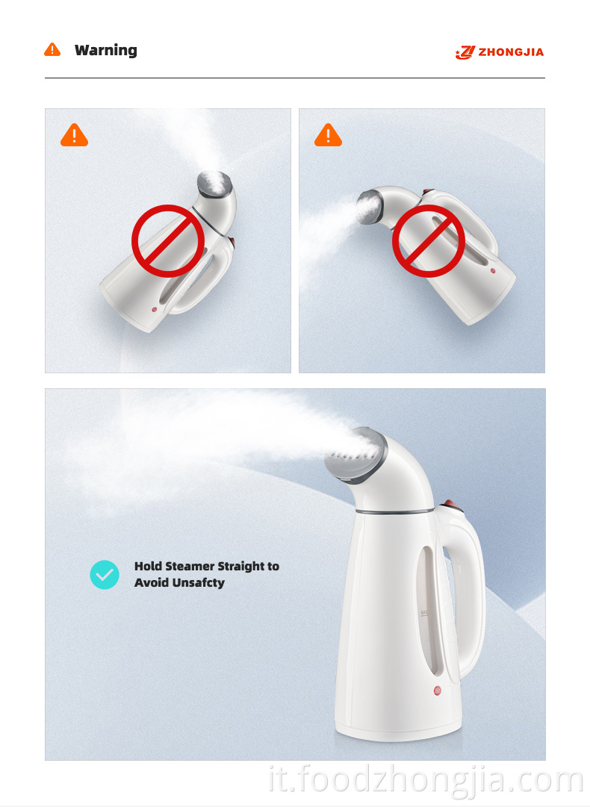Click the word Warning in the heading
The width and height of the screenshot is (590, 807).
pyautogui.click(x=105, y=51)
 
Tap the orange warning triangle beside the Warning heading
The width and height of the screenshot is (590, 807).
pyautogui.click(x=52, y=50)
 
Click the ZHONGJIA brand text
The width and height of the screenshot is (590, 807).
pyautogui.click(x=511, y=52)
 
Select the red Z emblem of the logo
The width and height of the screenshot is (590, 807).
pyautogui.click(x=465, y=52)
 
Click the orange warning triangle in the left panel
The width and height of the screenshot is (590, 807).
pyautogui.click(x=74, y=135)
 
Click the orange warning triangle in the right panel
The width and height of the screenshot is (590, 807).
pyautogui.click(x=328, y=135)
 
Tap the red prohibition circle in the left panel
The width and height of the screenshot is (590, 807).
pyautogui.click(x=168, y=241)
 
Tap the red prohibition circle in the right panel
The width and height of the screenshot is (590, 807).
pyautogui.click(x=429, y=241)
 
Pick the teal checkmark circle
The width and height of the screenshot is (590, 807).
pyautogui.click(x=105, y=574)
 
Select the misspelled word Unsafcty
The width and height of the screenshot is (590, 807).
pyautogui.click(x=199, y=582)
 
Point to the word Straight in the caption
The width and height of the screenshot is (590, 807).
pyautogui.click(x=241, y=567)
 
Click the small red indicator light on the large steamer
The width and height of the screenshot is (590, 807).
pyautogui.click(x=437, y=691)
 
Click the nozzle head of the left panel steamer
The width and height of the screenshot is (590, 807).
pyautogui.click(x=214, y=184)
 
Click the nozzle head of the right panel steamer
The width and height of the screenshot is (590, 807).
pyautogui.click(x=370, y=207)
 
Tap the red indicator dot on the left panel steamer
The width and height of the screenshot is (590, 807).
pyautogui.click(x=155, y=309)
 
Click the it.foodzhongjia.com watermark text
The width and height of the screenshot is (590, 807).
pyautogui.click(x=426, y=780)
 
